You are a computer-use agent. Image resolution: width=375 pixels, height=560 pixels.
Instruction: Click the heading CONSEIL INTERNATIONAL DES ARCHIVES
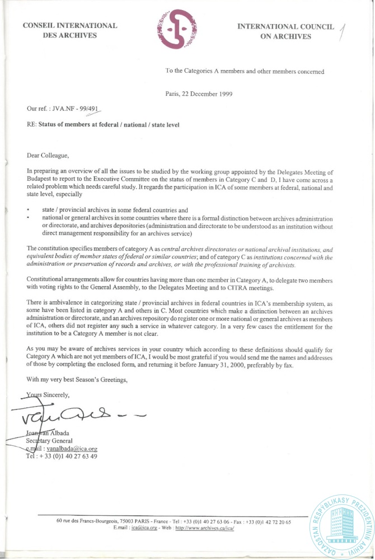(70, 30)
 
